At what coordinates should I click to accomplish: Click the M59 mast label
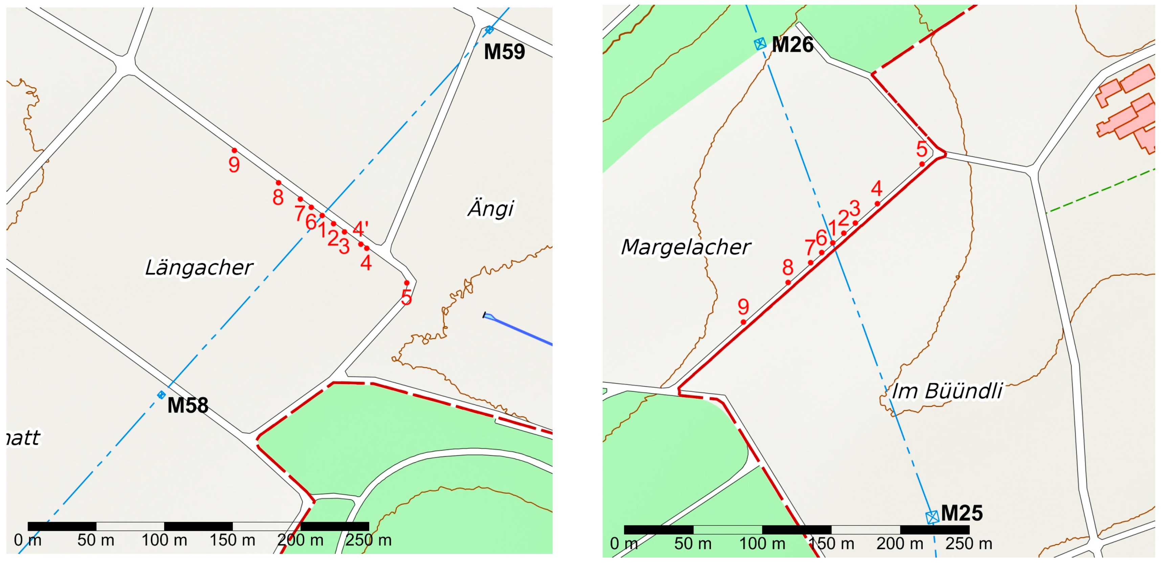(x=504, y=52)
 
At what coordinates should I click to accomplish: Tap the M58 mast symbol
(x=161, y=395)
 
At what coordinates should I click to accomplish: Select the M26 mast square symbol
(x=760, y=44)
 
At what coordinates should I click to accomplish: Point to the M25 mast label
(x=962, y=514)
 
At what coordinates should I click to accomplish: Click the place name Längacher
(x=199, y=267)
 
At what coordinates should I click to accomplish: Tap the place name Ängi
(x=491, y=209)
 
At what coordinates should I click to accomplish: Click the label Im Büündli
(x=947, y=391)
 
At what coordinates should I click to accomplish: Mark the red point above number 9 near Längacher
(x=234, y=150)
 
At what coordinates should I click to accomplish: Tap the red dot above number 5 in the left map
(x=407, y=283)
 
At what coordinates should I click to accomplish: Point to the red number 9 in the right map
(x=743, y=307)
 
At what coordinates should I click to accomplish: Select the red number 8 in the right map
(x=788, y=267)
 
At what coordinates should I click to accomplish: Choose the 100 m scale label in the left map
(x=164, y=540)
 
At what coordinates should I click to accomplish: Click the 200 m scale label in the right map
(x=900, y=543)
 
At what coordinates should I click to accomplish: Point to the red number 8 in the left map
(x=278, y=197)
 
